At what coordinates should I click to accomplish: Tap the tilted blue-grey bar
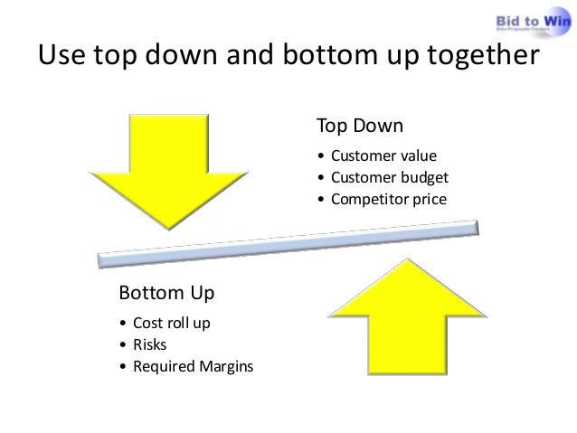(x=289, y=243)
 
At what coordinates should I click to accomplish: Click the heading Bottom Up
(x=166, y=294)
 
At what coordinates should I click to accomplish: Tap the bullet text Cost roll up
(x=171, y=324)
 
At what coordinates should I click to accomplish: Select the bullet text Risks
(x=150, y=345)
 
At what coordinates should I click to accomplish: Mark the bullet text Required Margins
(x=193, y=367)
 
